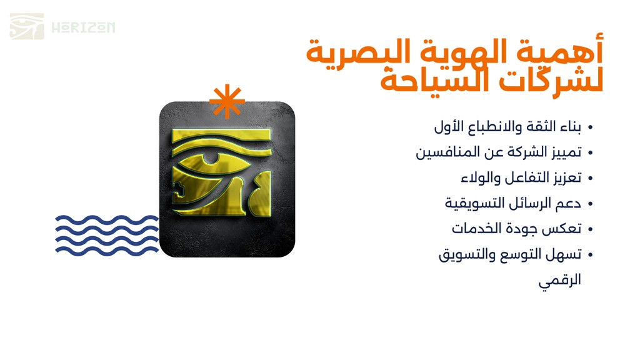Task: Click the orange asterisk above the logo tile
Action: click(227, 101)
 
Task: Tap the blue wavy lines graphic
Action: click(107, 236)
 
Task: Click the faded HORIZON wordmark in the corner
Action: click(83, 27)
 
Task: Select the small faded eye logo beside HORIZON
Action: click(27, 26)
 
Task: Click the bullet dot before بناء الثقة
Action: click(590, 127)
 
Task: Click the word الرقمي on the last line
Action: click(559, 281)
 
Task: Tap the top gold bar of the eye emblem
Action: click(221, 135)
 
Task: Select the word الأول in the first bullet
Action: click(446, 126)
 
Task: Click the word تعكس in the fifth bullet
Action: click(566, 229)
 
